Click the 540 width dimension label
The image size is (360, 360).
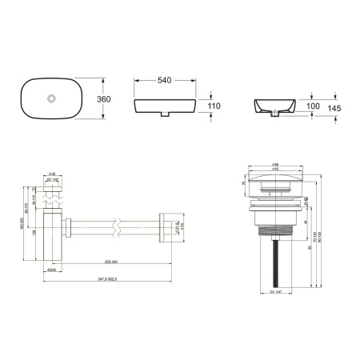166,81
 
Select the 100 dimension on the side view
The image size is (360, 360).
313,106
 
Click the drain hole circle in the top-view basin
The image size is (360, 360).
52,98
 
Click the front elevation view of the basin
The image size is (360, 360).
165,106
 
